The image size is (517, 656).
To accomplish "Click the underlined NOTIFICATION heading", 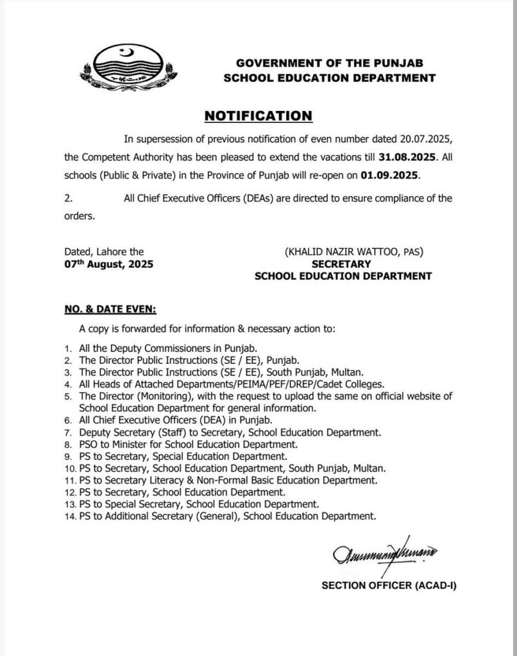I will click(x=258, y=116).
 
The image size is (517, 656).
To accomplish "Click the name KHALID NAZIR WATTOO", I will click(x=344, y=252).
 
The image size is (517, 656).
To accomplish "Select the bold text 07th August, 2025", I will click(x=108, y=264).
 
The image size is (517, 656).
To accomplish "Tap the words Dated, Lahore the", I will click(x=104, y=252).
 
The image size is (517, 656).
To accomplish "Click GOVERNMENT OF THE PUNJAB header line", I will click(x=329, y=63).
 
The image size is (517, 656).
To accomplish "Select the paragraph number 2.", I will click(x=68, y=199).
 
